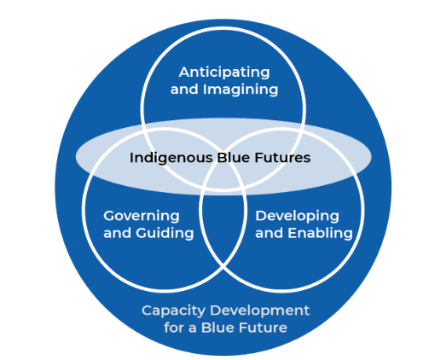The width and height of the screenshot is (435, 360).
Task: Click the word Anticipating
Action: click(224, 73)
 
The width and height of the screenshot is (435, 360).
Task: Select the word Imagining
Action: click(241, 90)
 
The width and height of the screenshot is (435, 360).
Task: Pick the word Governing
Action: click(142, 217)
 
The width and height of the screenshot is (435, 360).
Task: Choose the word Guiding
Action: click(165, 233)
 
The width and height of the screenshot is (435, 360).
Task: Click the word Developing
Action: click(297, 217)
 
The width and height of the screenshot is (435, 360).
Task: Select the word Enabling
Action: click(320, 233)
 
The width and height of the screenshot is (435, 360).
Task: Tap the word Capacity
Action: click(173, 311)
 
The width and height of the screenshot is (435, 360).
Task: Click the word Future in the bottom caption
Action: click(263, 328)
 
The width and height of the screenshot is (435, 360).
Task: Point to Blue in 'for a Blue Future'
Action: click(217, 328)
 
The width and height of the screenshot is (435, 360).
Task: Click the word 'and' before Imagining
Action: click(184, 90)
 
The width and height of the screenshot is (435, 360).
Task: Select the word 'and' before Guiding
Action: click(117, 233)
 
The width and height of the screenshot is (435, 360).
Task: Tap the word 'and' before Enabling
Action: click(269, 233)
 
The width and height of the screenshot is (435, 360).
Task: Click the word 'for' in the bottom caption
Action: click(173, 328)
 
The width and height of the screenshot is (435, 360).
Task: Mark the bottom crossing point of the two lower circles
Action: click(223, 267)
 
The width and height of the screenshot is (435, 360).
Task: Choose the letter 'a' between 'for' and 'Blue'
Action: click(192, 329)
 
